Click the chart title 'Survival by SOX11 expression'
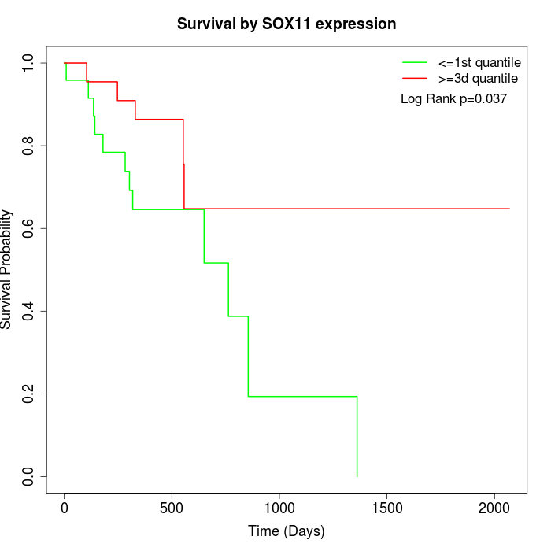287,24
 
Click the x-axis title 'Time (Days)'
287,531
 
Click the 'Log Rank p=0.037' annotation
453,99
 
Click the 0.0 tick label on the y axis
29,476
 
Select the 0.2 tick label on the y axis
29,394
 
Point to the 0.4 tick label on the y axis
29,311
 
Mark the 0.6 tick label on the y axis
29,228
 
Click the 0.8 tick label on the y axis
29,146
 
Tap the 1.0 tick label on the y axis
29,63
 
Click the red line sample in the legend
414,79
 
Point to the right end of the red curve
509,209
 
